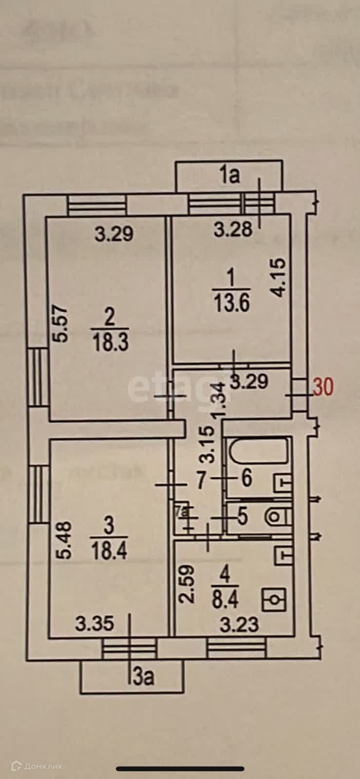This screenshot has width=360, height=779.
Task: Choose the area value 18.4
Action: coord(109,551)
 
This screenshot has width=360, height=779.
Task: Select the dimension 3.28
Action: coord(234,228)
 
